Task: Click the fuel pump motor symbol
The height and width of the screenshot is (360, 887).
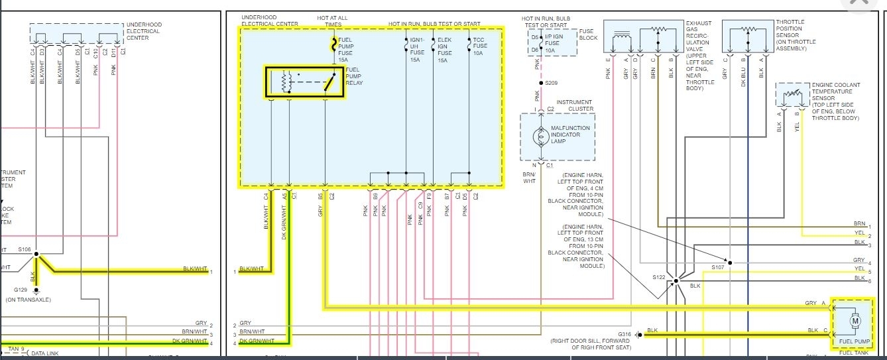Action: (855, 322)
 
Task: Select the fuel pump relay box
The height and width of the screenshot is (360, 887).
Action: (305, 82)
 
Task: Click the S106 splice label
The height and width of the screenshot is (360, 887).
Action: (25, 249)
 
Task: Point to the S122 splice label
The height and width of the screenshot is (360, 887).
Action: (658, 276)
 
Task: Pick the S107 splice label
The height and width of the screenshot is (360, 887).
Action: (717, 267)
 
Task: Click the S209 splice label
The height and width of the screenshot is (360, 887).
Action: (551, 83)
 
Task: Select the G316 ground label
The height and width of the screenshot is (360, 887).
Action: (625, 334)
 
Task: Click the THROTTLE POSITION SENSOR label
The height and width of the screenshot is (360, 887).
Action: (791, 34)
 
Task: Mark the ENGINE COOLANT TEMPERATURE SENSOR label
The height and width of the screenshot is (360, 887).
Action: (835, 101)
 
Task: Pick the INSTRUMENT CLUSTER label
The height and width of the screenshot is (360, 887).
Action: (575, 105)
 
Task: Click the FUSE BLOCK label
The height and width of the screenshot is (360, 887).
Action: (588, 34)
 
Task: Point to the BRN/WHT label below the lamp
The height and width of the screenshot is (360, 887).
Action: (529, 177)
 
